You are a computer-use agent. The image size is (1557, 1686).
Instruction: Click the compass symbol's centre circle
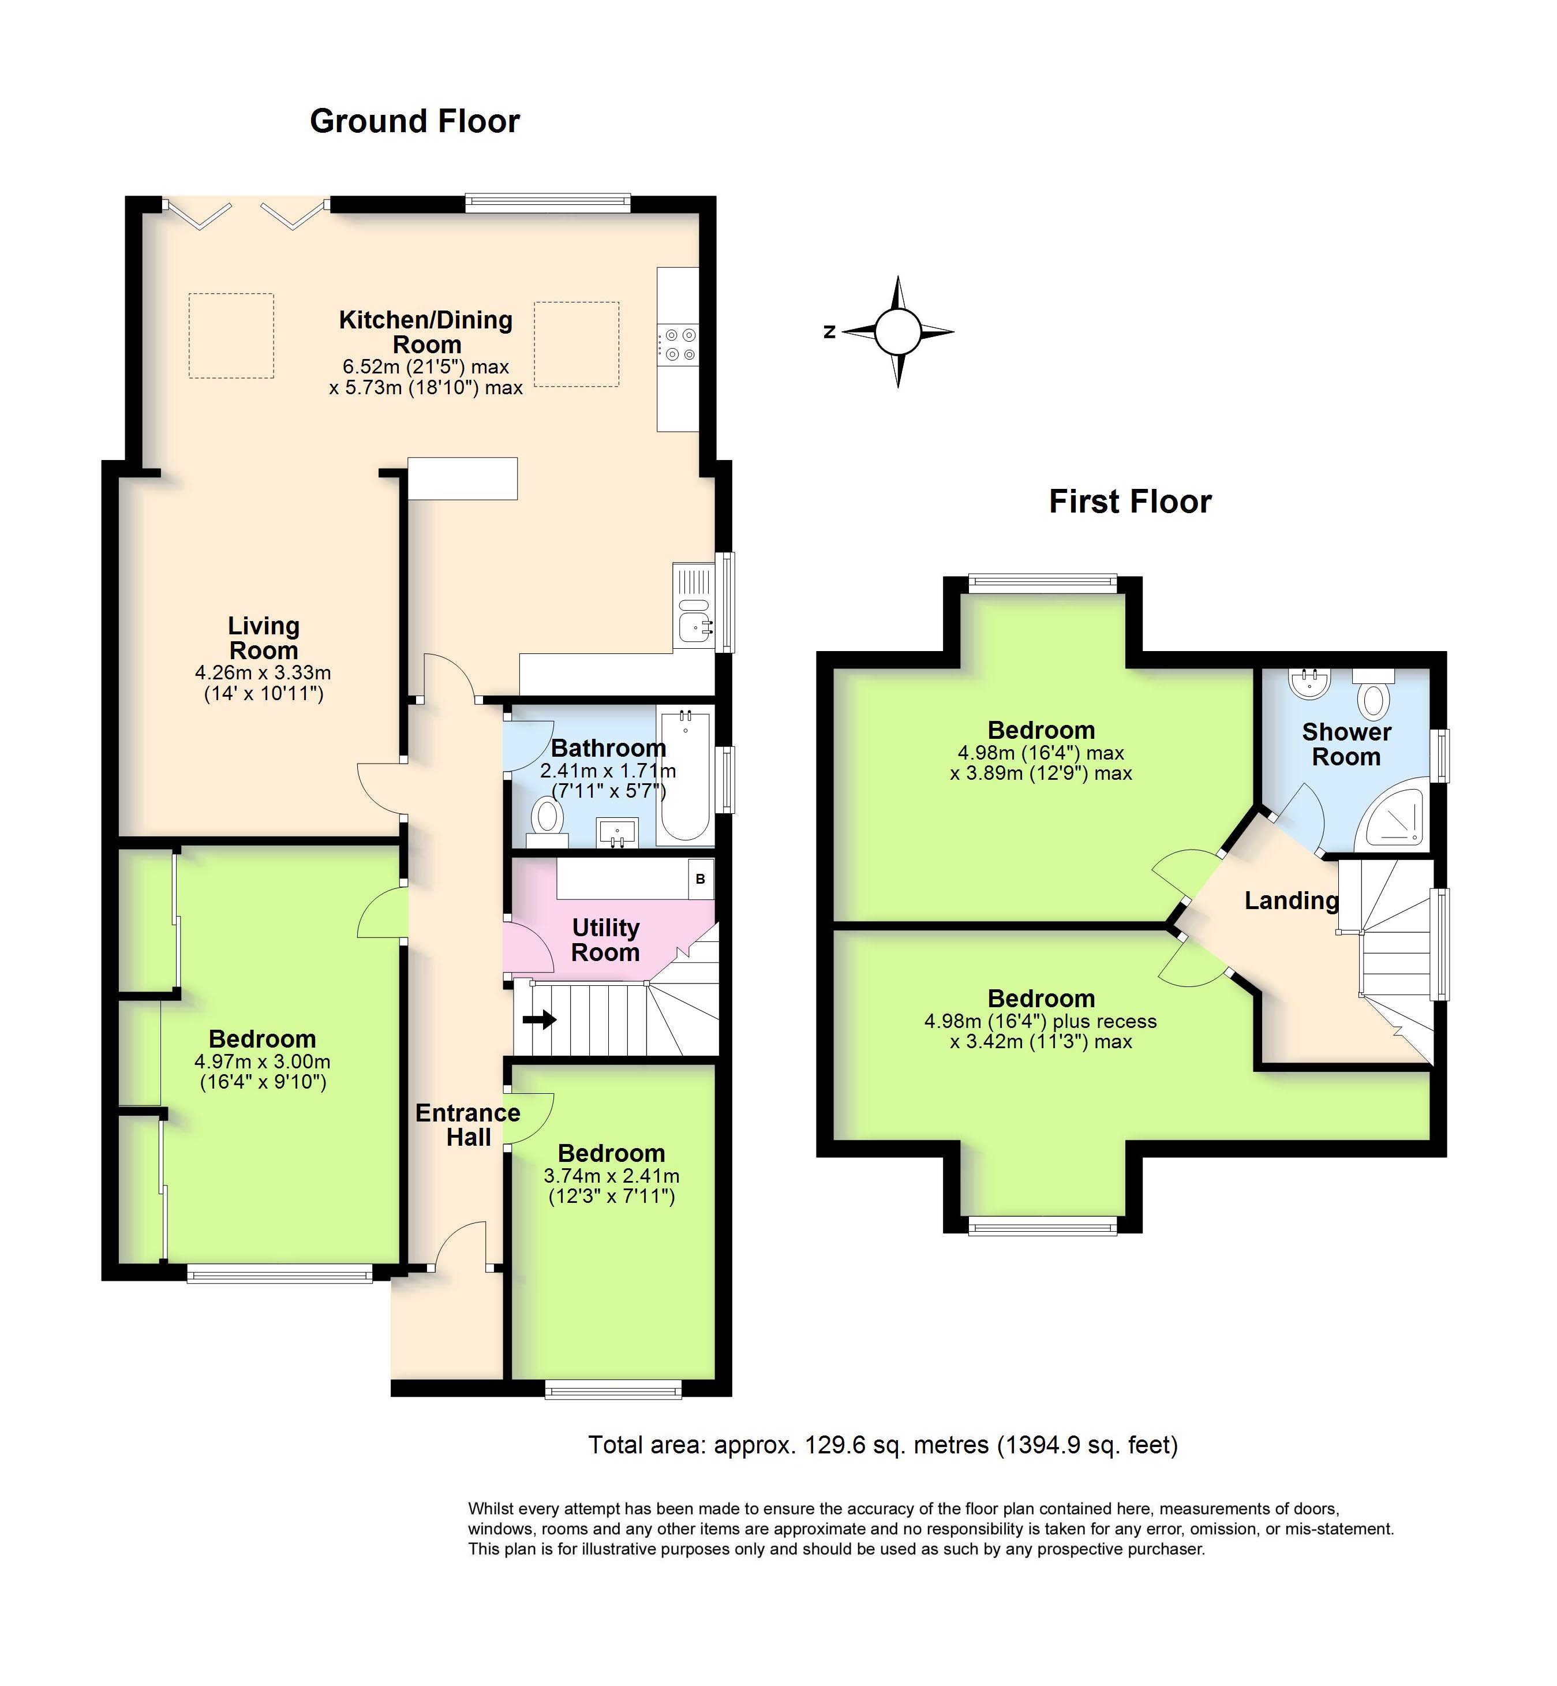[897, 332]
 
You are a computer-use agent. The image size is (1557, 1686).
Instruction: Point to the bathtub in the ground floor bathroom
[685, 775]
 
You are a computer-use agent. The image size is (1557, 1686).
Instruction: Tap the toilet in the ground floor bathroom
[548, 819]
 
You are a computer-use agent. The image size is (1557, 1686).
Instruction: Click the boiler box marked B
[700, 879]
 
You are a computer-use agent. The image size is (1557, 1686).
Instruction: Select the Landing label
[1291, 900]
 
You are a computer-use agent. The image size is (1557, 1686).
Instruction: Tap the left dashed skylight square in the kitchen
[231, 335]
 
